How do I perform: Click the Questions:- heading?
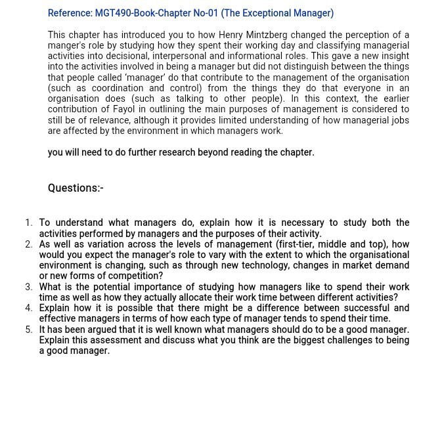click(76, 188)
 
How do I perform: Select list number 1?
click(28, 223)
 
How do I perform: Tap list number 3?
click(28, 287)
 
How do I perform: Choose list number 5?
click(28, 330)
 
